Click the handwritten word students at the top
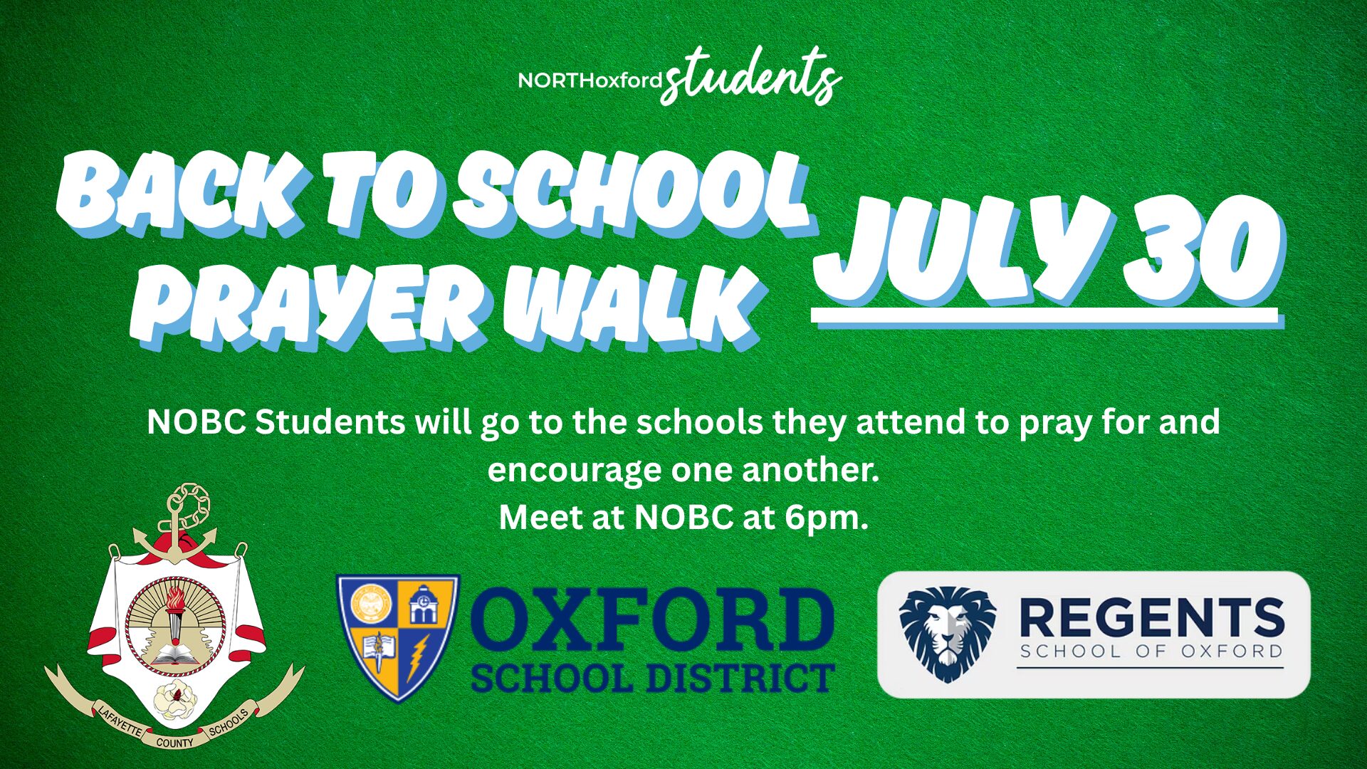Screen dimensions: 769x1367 click(x=751, y=77)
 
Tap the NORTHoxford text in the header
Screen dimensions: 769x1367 click(x=590, y=80)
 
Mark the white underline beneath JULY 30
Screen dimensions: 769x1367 click(x=1044, y=317)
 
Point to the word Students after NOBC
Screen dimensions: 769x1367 click(x=330, y=422)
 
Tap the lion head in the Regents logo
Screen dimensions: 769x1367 click(x=947, y=632)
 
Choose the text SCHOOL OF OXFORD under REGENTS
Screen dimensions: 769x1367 click(x=1151, y=652)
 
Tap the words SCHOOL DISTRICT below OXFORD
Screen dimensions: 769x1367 click(x=651, y=678)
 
